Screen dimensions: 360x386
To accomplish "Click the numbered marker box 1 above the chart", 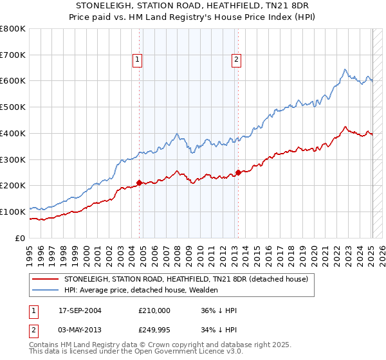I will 138,60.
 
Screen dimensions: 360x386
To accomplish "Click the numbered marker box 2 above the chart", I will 236,60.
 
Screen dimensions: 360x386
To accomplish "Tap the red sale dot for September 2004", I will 140,183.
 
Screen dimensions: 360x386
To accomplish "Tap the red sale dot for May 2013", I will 238,172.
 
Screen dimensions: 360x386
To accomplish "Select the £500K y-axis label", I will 13,107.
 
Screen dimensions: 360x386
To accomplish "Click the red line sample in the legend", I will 46,280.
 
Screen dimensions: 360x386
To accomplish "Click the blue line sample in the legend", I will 46,291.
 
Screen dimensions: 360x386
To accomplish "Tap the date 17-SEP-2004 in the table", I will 80,310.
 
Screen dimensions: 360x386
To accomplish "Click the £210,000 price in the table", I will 154,310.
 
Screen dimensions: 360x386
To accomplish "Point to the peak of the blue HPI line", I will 345,69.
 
